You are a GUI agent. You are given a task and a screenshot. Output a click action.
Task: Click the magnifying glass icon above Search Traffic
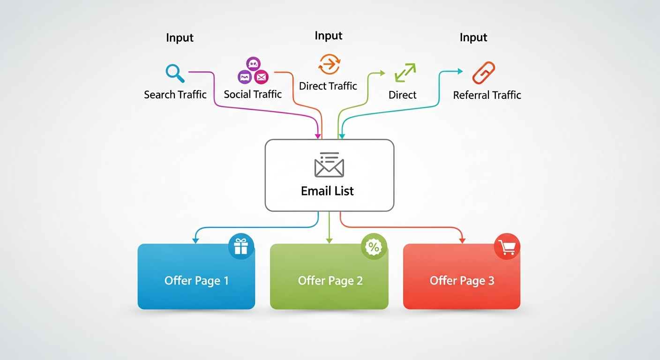(x=174, y=73)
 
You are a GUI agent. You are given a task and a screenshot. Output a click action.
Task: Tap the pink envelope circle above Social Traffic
(x=261, y=76)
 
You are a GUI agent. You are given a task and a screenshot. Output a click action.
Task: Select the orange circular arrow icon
(x=329, y=64)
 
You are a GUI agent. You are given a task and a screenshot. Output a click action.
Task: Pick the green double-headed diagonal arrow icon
(x=405, y=73)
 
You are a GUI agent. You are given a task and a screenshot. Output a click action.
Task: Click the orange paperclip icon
(x=483, y=73)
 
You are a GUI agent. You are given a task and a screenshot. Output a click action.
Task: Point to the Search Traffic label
(x=175, y=95)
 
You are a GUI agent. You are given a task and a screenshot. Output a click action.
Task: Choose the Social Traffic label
(x=253, y=94)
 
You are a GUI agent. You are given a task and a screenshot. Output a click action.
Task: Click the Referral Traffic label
(x=487, y=95)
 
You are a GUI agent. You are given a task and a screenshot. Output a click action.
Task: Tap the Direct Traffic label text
(x=328, y=86)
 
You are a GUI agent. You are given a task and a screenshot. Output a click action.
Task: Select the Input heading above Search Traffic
(x=180, y=38)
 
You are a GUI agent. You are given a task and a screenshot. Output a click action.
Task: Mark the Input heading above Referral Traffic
(x=473, y=37)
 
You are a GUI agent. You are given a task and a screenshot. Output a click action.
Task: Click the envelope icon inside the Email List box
(x=329, y=165)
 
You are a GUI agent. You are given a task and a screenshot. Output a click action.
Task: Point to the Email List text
(x=327, y=191)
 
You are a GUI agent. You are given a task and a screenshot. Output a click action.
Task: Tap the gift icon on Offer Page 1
(x=241, y=247)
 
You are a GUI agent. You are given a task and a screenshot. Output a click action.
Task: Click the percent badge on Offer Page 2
(x=374, y=247)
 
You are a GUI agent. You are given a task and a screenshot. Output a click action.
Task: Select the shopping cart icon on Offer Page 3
(x=507, y=247)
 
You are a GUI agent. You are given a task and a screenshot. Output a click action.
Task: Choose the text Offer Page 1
(x=196, y=281)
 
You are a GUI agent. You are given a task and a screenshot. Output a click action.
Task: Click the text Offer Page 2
(x=330, y=281)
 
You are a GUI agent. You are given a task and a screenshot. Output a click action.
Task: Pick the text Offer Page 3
(x=462, y=281)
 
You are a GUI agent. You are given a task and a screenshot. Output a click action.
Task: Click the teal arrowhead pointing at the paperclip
(x=460, y=71)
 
